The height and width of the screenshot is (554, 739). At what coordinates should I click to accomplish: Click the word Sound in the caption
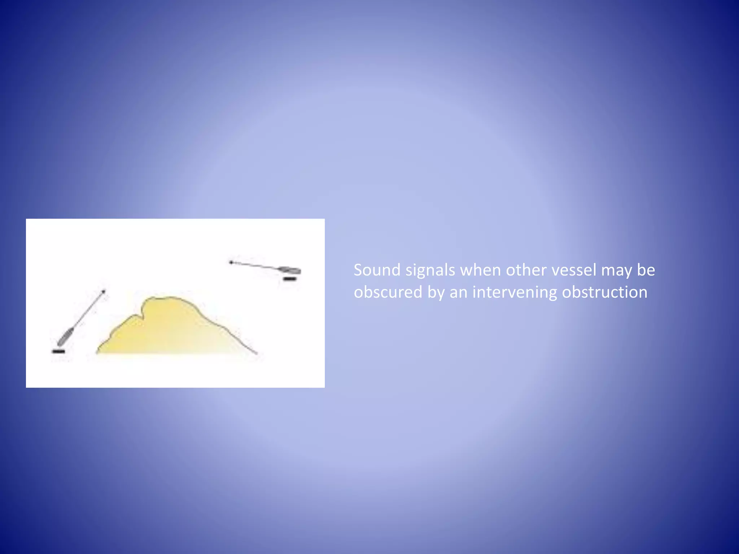point(377,270)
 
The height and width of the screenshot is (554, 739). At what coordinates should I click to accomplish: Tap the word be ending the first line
point(646,270)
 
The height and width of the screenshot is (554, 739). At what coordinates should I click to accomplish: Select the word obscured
point(388,292)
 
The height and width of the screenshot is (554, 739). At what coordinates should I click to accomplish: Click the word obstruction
point(605,292)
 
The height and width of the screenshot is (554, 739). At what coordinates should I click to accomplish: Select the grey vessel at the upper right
point(290,270)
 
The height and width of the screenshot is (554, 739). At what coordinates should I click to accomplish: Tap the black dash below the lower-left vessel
point(58,351)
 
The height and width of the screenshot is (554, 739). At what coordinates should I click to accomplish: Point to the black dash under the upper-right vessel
point(290,278)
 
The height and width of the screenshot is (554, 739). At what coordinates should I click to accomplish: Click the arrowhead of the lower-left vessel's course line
point(104,291)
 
